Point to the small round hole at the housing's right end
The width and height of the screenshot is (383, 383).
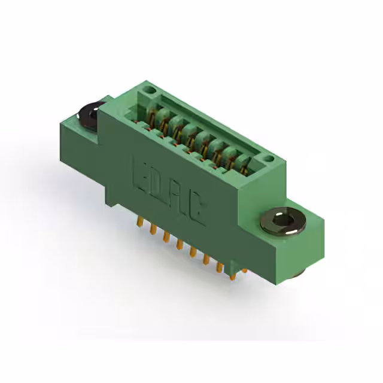[269, 159]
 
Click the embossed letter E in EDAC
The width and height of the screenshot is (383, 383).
[140, 174]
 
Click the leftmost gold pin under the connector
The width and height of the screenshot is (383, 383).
[139, 222]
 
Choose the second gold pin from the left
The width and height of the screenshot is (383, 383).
[153, 230]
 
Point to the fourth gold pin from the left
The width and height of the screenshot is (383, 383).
[179, 245]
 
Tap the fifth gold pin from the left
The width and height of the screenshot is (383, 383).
[192, 253]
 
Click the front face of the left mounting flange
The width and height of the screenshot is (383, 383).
[78, 150]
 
